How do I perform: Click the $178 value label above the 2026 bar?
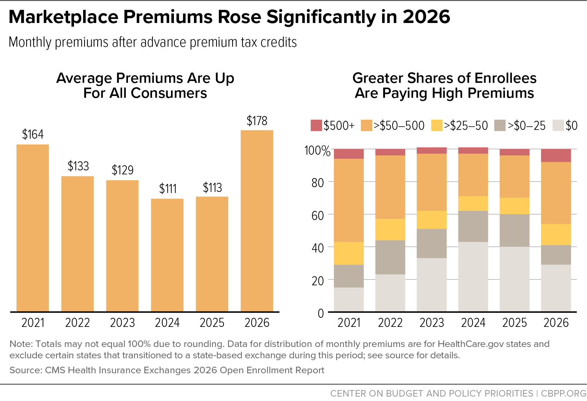[x=257, y=121]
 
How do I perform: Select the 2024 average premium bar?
[x=167, y=255]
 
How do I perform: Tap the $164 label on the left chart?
[x=33, y=134]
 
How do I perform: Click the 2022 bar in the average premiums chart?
[x=78, y=244]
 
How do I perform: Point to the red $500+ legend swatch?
[x=316, y=126]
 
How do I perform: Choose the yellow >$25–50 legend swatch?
[x=437, y=126]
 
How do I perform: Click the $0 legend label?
[x=572, y=126]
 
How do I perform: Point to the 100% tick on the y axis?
[x=317, y=151]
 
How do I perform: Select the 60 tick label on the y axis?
[x=318, y=216]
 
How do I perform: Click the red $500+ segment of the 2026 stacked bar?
[x=556, y=155]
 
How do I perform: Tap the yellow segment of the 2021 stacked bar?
[x=349, y=253]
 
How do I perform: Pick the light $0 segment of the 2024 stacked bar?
[x=473, y=277]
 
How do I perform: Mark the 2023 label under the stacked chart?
[x=432, y=323]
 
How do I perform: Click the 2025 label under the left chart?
[x=212, y=323]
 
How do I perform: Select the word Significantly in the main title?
[x=321, y=17]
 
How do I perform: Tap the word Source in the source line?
[x=26, y=370]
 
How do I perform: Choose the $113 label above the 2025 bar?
[x=212, y=188]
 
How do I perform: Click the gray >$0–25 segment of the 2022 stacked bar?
[x=390, y=257]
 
